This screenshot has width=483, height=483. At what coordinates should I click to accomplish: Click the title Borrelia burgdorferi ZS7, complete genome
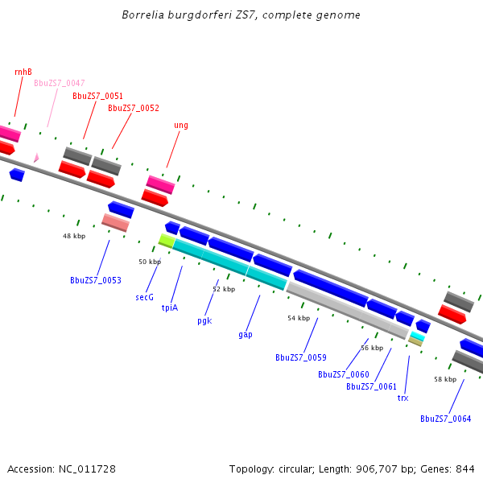242,15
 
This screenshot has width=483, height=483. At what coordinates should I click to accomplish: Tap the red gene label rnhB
23,72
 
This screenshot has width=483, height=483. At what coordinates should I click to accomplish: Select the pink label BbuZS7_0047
59,83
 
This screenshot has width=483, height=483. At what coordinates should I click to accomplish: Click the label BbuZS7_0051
97,96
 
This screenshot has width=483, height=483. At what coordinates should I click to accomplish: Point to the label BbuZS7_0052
134,108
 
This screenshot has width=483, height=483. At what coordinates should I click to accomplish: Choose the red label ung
181,125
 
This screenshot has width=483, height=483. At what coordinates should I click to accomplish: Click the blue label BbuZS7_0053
96,280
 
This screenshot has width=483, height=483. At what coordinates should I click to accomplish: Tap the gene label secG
144,297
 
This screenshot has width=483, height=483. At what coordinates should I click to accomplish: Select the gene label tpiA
170,308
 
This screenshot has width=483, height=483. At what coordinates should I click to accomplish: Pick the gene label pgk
204,320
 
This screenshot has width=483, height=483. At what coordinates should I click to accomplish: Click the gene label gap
246,334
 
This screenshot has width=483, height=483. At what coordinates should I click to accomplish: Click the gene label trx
403,398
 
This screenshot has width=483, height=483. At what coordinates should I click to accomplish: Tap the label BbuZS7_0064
445,419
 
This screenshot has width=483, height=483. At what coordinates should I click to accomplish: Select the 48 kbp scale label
74,236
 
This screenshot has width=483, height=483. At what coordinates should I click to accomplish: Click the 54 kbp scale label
299,318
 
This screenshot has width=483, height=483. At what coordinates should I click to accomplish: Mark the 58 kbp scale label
445,378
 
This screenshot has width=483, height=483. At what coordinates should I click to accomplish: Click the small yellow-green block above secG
167,240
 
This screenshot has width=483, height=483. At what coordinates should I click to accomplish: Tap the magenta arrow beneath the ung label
160,184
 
